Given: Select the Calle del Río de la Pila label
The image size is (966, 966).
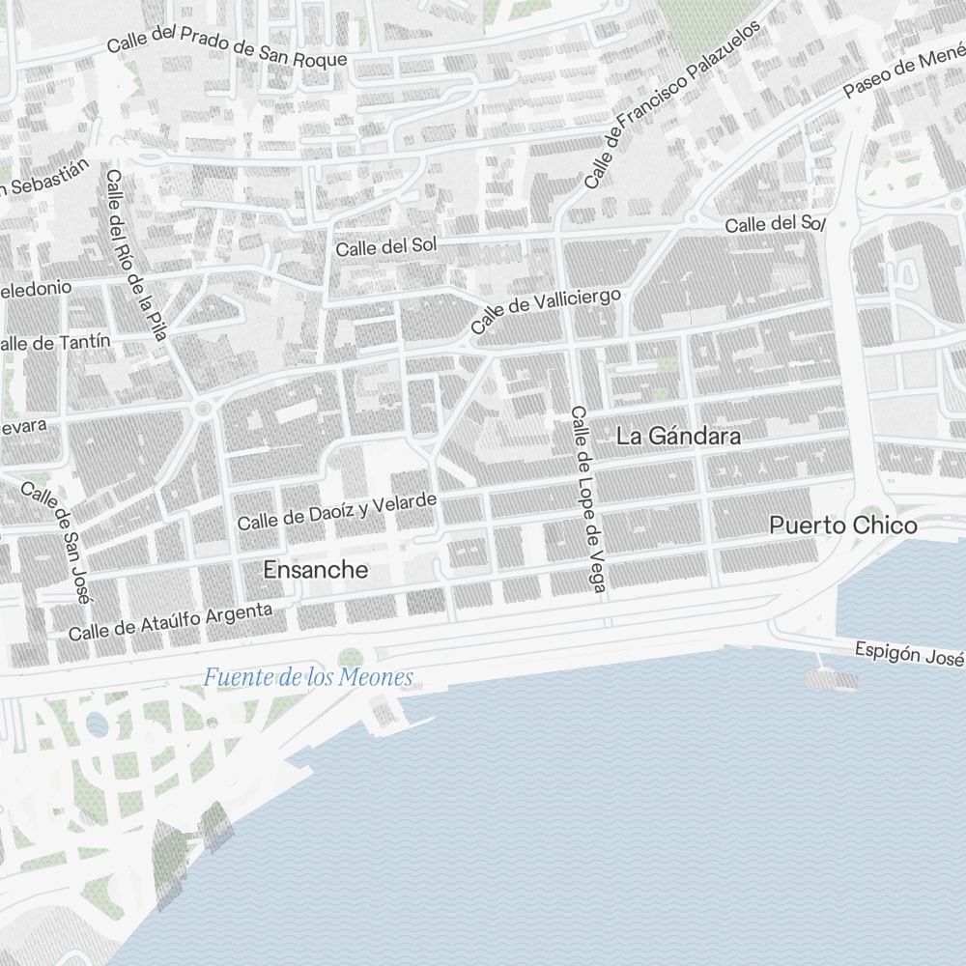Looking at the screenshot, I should pyautogui.click(x=136, y=255).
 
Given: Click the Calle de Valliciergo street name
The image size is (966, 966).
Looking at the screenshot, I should pyautogui.click(x=546, y=311).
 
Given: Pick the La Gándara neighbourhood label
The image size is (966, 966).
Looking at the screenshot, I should pyautogui.click(x=678, y=437).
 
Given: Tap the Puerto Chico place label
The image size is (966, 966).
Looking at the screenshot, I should pyautogui.click(x=843, y=526).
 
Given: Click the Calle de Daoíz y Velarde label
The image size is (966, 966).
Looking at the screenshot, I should pyautogui.click(x=337, y=512).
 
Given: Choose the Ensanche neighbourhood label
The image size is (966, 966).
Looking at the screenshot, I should pyautogui.click(x=315, y=571).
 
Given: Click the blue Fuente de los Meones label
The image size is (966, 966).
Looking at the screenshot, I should pyautogui.click(x=308, y=678).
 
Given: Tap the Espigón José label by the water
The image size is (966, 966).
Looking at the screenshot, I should pyautogui.click(x=909, y=654).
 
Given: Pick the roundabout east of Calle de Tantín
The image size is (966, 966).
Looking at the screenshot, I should pyautogui.click(x=202, y=409).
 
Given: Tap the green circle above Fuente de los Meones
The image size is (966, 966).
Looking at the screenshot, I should pyautogui.click(x=349, y=657).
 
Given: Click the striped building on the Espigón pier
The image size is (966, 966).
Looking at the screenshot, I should pyautogui.click(x=831, y=680).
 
